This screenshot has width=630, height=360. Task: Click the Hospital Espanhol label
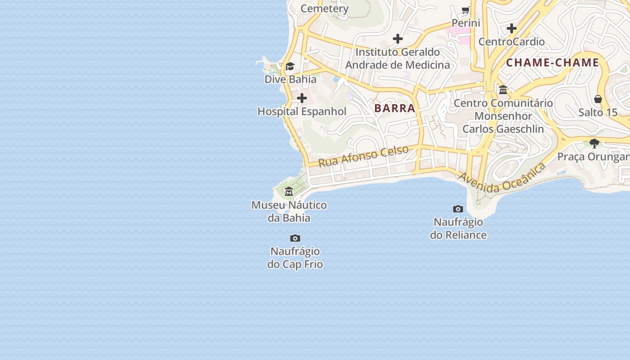point(302,112)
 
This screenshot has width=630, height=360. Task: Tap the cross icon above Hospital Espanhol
point(302,98)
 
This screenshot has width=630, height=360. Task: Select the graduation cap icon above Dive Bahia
point(290,67)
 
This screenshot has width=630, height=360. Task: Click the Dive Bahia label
point(290,79)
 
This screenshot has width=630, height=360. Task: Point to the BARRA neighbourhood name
point(395,108)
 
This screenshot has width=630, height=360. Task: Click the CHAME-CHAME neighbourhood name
point(553,63)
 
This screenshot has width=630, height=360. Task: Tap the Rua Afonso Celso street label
point(364,156)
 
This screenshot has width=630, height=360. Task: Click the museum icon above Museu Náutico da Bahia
point(289,192)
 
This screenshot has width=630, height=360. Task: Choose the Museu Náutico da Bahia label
point(289,211)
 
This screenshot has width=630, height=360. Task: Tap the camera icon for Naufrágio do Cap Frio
point(295,238)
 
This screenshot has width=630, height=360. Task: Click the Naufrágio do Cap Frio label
point(295,257)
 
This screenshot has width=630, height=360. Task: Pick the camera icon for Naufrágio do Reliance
point(458,209)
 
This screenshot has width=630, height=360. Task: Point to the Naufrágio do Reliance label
point(458,228)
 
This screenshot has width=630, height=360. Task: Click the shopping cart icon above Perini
point(466,10)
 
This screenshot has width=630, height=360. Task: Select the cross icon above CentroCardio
point(512,28)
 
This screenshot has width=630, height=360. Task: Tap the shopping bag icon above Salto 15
point(598,99)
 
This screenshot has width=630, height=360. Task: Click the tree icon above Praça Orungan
point(594,144)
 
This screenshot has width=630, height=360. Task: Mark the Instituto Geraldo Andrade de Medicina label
point(397,58)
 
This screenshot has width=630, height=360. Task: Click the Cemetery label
point(324,9)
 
